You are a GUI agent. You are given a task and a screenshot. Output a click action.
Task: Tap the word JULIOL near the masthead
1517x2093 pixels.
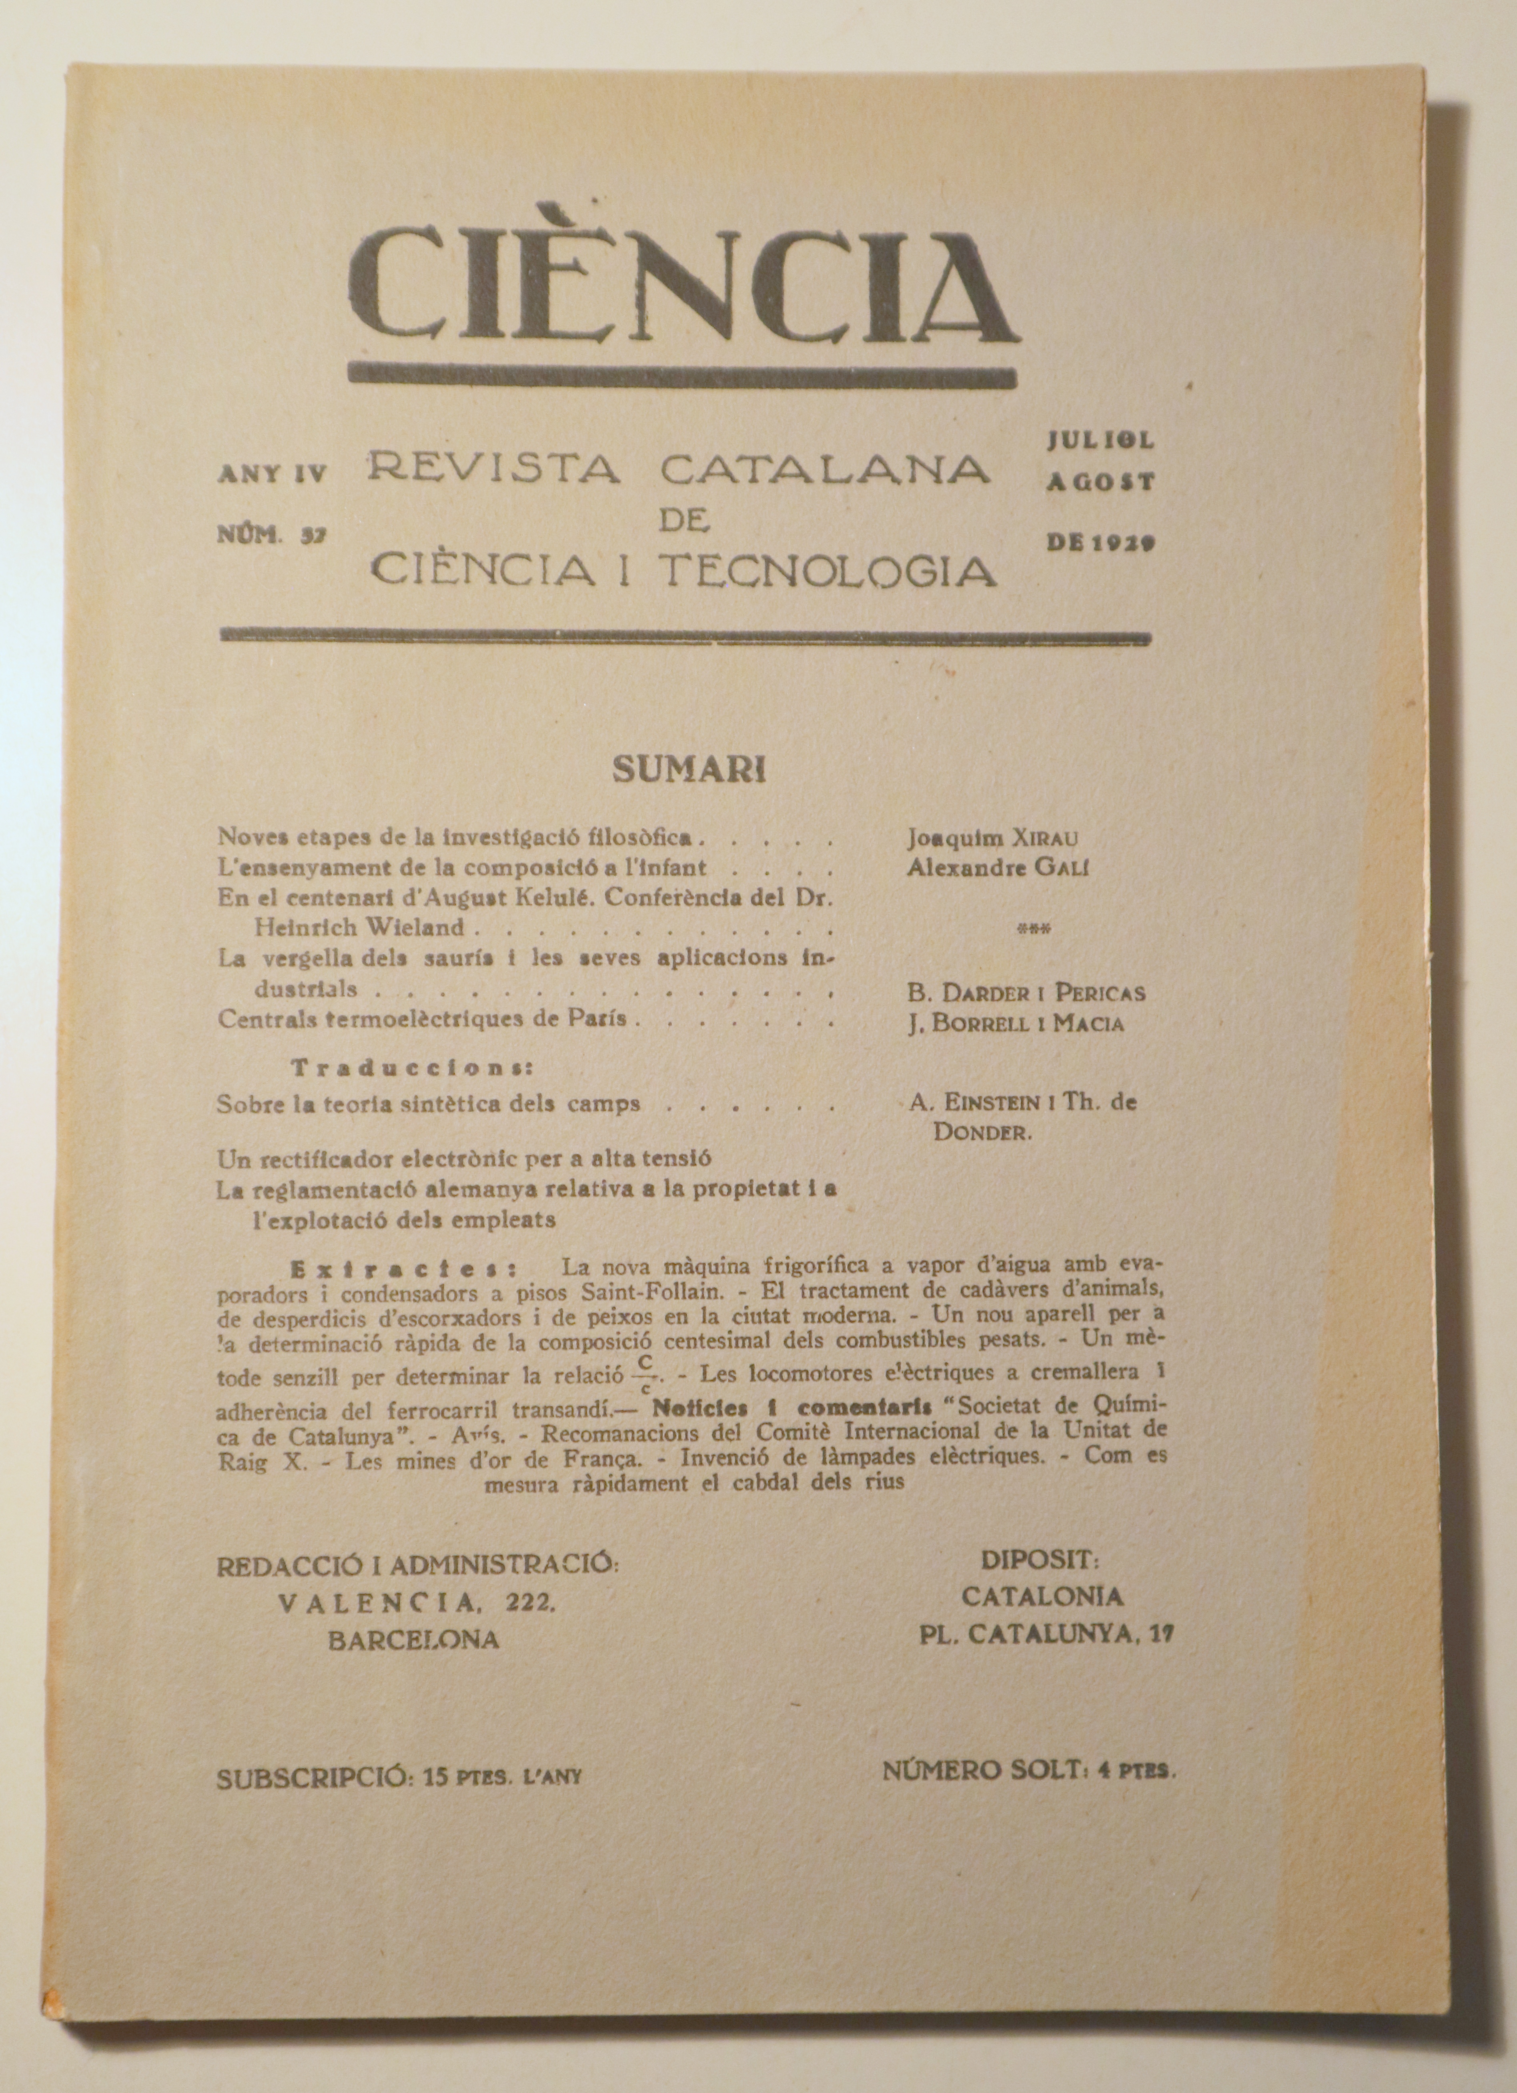[x=1100, y=441]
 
